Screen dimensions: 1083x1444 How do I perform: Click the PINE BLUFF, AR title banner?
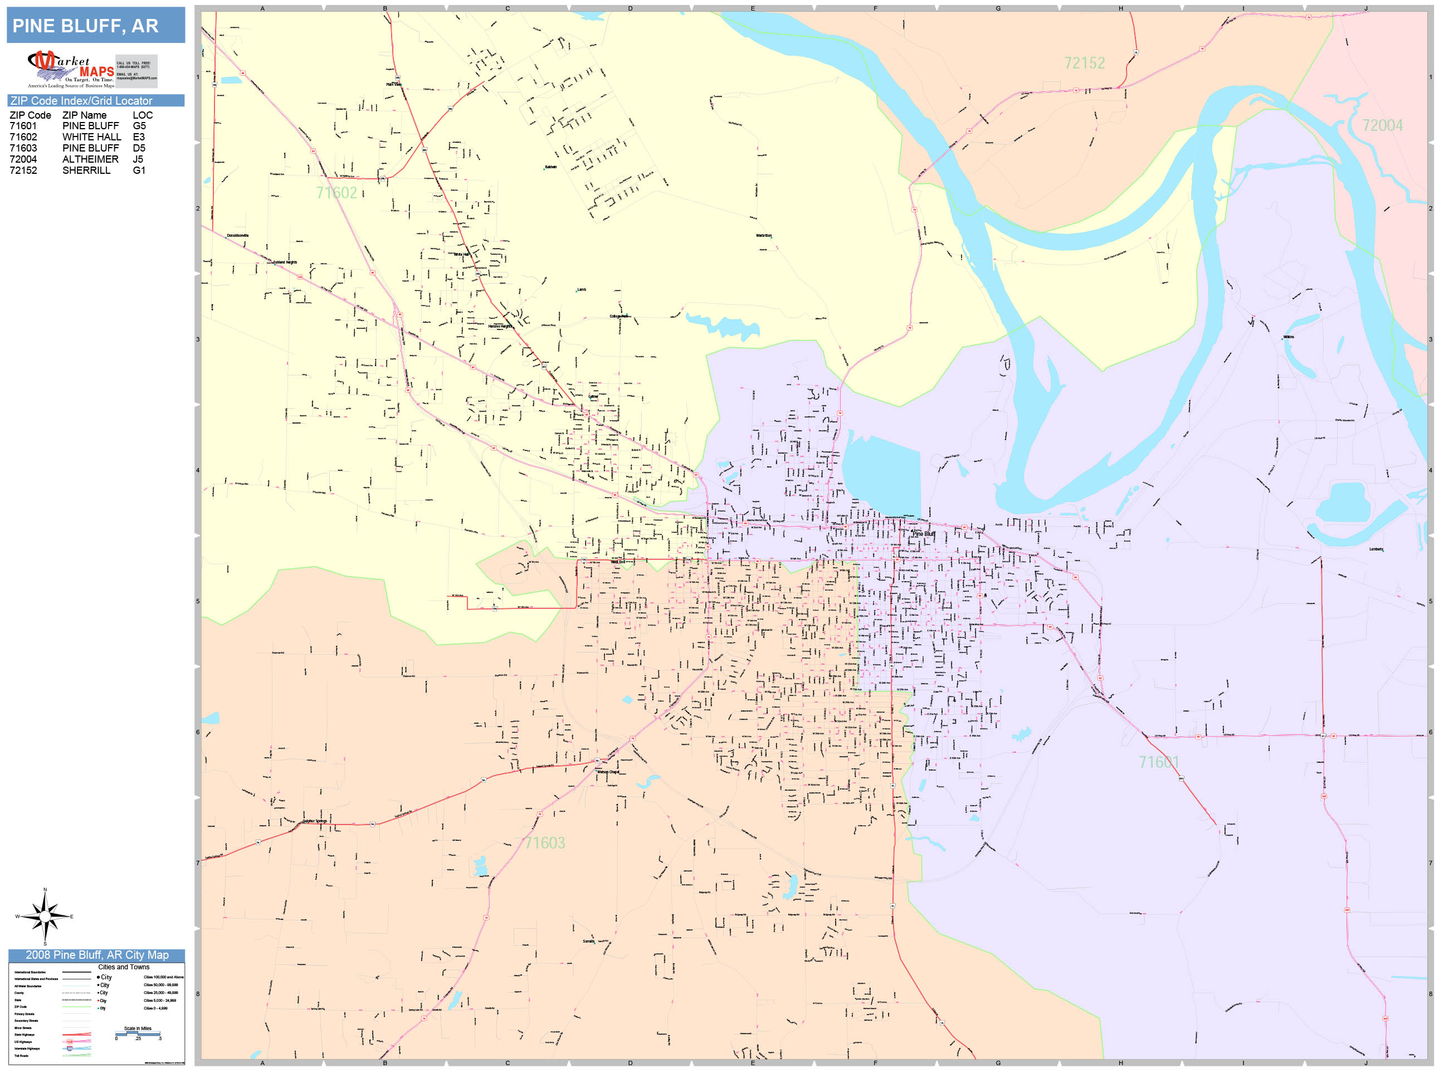[x=95, y=26]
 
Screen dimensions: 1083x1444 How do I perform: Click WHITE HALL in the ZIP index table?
[x=91, y=137]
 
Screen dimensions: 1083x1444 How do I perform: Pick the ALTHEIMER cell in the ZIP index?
[x=90, y=159]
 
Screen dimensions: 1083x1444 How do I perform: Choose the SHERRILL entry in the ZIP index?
[x=86, y=170]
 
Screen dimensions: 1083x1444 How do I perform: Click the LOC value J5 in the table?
[x=138, y=159]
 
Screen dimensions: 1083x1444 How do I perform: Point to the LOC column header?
[x=142, y=115]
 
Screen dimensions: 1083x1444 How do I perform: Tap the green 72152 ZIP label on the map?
[x=1084, y=64]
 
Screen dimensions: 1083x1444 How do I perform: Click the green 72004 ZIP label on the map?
[x=1382, y=125]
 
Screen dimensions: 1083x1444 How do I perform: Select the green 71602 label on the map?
[x=336, y=193]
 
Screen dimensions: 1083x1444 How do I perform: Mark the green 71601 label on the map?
[x=1159, y=762]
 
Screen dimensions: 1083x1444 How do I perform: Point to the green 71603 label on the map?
[x=544, y=843]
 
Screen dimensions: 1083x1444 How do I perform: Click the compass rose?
[x=45, y=916]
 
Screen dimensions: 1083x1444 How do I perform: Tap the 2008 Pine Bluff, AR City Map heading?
[x=96, y=955]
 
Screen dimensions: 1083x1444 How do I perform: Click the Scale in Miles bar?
[x=138, y=1033]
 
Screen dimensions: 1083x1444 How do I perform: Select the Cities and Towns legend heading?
[x=123, y=967]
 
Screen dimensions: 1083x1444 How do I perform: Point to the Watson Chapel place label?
[x=608, y=772]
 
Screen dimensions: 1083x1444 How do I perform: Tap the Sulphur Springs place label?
[x=315, y=821]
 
